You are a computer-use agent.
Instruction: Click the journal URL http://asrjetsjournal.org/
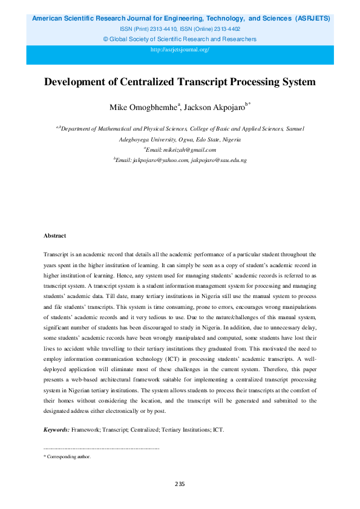pos(180,49)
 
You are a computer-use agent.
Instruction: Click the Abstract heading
pos(54,235)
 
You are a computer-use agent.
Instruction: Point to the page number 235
pos(180,484)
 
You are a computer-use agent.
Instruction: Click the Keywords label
pos(57,430)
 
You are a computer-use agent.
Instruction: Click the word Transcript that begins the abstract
pos(57,256)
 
